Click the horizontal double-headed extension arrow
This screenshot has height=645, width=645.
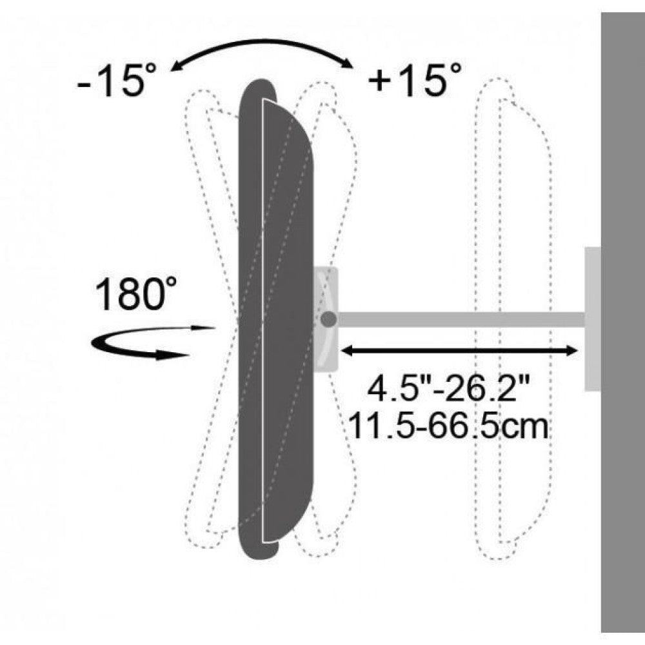pyautogui.click(x=459, y=350)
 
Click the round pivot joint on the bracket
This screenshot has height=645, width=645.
pyautogui.click(x=328, y=319)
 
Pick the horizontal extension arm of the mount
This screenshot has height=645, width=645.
pyautogui.click(x=461, y=320)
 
